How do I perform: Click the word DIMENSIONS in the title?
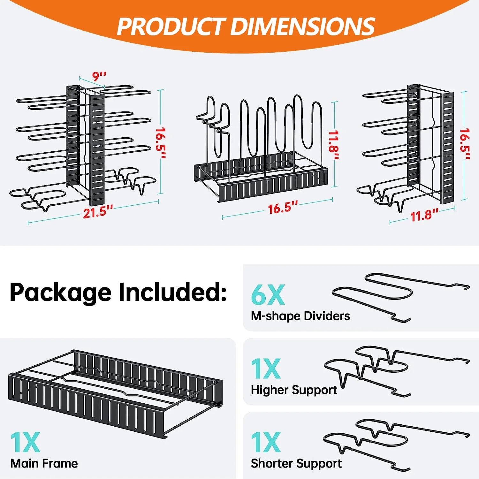tap(302, 26)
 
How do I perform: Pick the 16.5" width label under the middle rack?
tap(282, 208)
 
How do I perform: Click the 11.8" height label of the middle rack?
tap(334, 146)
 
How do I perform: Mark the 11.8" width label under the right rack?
tap(424, 216)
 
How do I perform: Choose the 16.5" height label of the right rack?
tap(465, 144)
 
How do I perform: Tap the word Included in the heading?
tap(172, 292)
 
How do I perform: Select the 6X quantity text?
tap(268, 295)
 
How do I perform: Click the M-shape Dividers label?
tap(300, 316)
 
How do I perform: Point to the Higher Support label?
tap(294, 390)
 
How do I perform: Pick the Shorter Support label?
tap(296, 464)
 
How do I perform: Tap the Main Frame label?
tap(44, 463)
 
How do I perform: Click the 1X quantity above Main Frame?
tap(25, 442)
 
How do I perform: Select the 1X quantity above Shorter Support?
tap(266, 442)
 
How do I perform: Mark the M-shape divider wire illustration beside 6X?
tap(399, 295)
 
